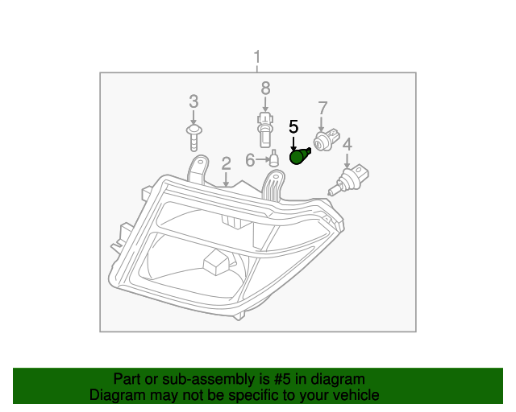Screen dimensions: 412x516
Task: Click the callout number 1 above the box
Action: pos(257,58)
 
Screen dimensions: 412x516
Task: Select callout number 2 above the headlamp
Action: pos(227,163)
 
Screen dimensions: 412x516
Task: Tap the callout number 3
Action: pos(193,101)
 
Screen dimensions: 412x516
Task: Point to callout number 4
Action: pos(347,144)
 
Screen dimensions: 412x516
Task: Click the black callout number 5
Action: pos(293,126)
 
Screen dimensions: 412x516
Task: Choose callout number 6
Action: pos(250,160)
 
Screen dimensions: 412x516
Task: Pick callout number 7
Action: pos(322,107)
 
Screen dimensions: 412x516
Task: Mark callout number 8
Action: pos(264,88)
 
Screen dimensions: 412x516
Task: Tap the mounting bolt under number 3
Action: pos(193,136)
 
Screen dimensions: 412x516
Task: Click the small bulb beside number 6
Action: pos(274,159)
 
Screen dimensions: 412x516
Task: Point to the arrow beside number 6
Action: pos(261,160)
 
